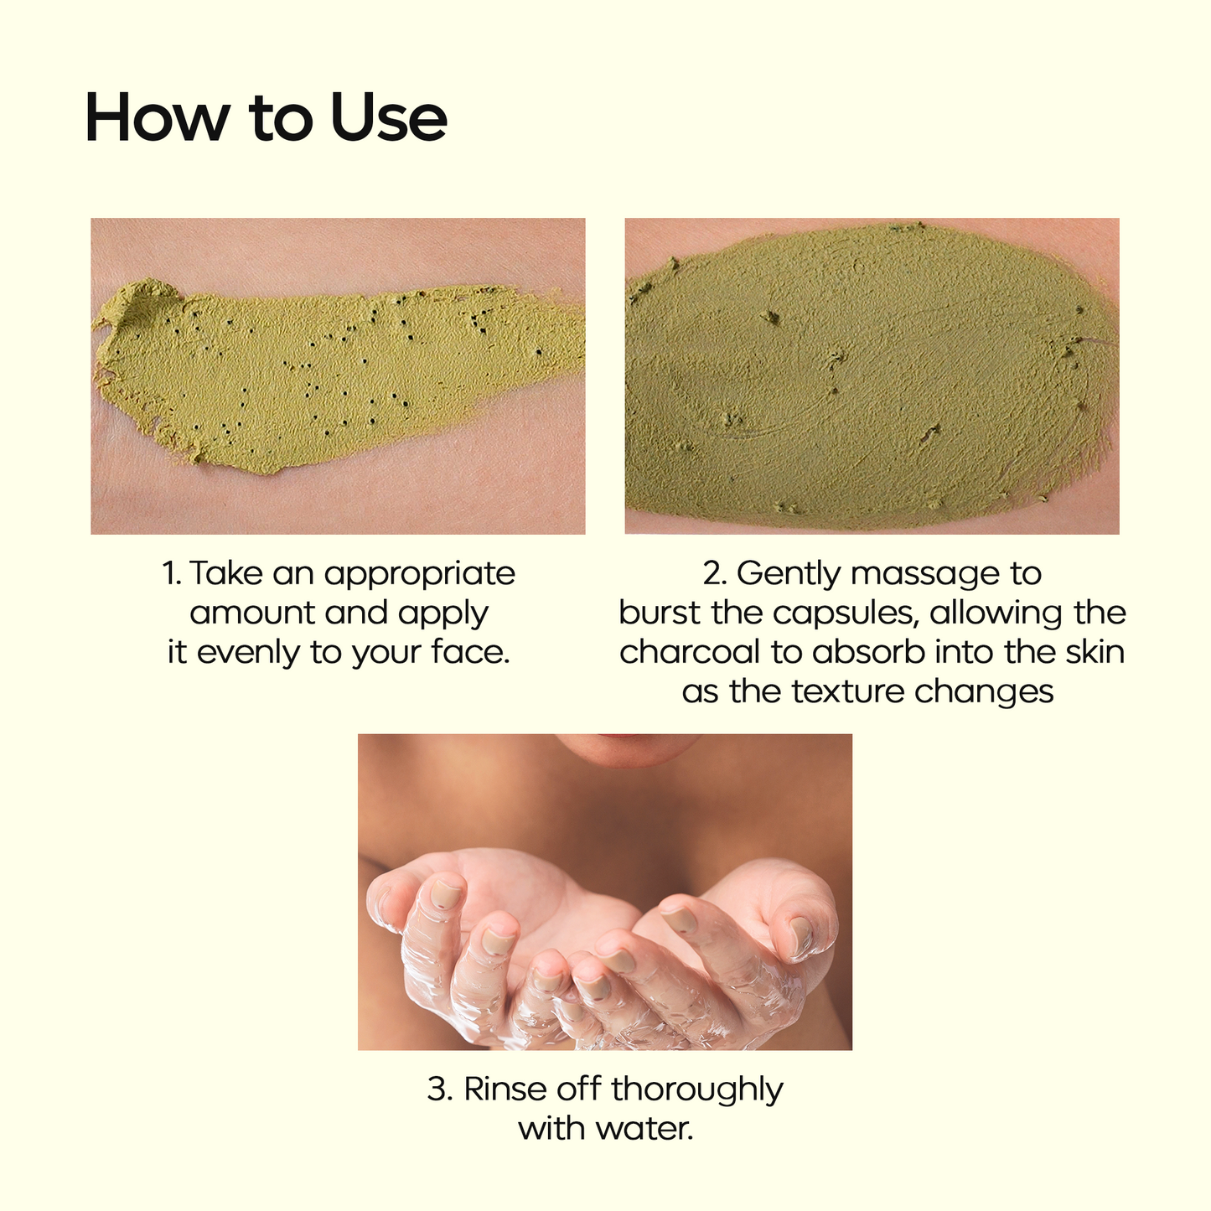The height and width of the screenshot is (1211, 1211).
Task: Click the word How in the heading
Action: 157,118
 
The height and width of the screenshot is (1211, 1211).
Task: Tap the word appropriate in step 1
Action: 419,575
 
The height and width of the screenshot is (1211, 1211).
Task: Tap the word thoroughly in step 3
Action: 697,1090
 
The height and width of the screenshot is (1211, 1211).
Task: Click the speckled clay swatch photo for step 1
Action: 338,376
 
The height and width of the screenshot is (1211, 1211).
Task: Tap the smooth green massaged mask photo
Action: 872,376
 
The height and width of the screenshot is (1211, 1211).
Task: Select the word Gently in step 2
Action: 789,575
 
